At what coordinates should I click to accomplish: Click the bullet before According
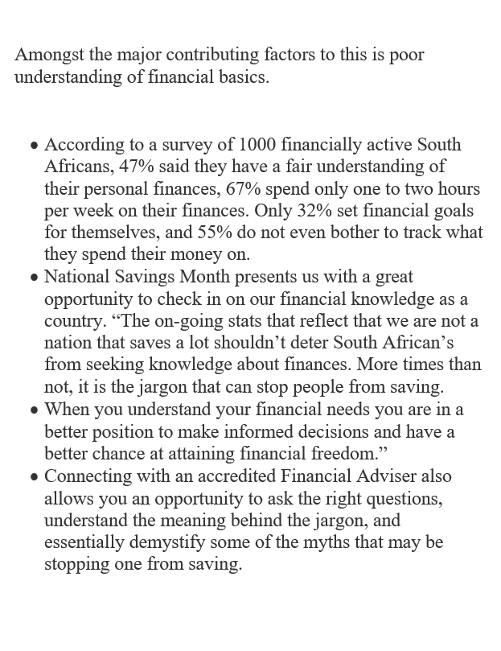coord(34,146)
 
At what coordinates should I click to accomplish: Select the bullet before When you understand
coord(34,410)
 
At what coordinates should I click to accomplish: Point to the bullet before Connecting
coord(34,476)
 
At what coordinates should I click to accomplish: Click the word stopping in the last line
coord(76,562)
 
